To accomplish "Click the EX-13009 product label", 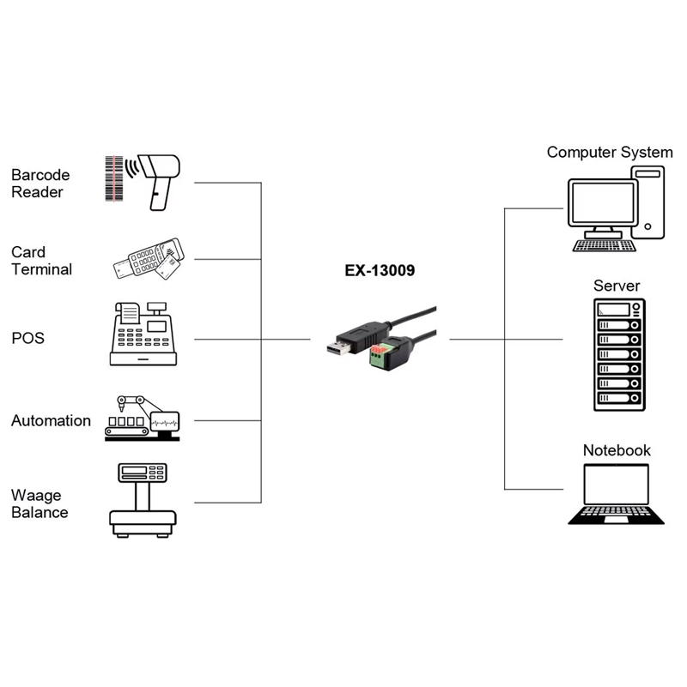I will point(380,271).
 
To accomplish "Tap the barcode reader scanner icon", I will point(160,177).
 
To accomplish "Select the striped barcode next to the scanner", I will point(115,178).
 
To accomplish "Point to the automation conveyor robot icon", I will point(142,419).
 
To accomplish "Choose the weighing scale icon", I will point(143,500).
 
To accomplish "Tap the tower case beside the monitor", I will point(648,202).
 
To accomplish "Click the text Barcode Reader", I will point(40,184).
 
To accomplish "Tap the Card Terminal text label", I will point(41,261).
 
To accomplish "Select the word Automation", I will point(51,421).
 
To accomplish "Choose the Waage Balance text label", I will point(40,503).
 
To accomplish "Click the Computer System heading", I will point(610,153).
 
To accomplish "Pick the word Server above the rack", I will point(617,286).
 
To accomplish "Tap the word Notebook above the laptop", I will point(617,450).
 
